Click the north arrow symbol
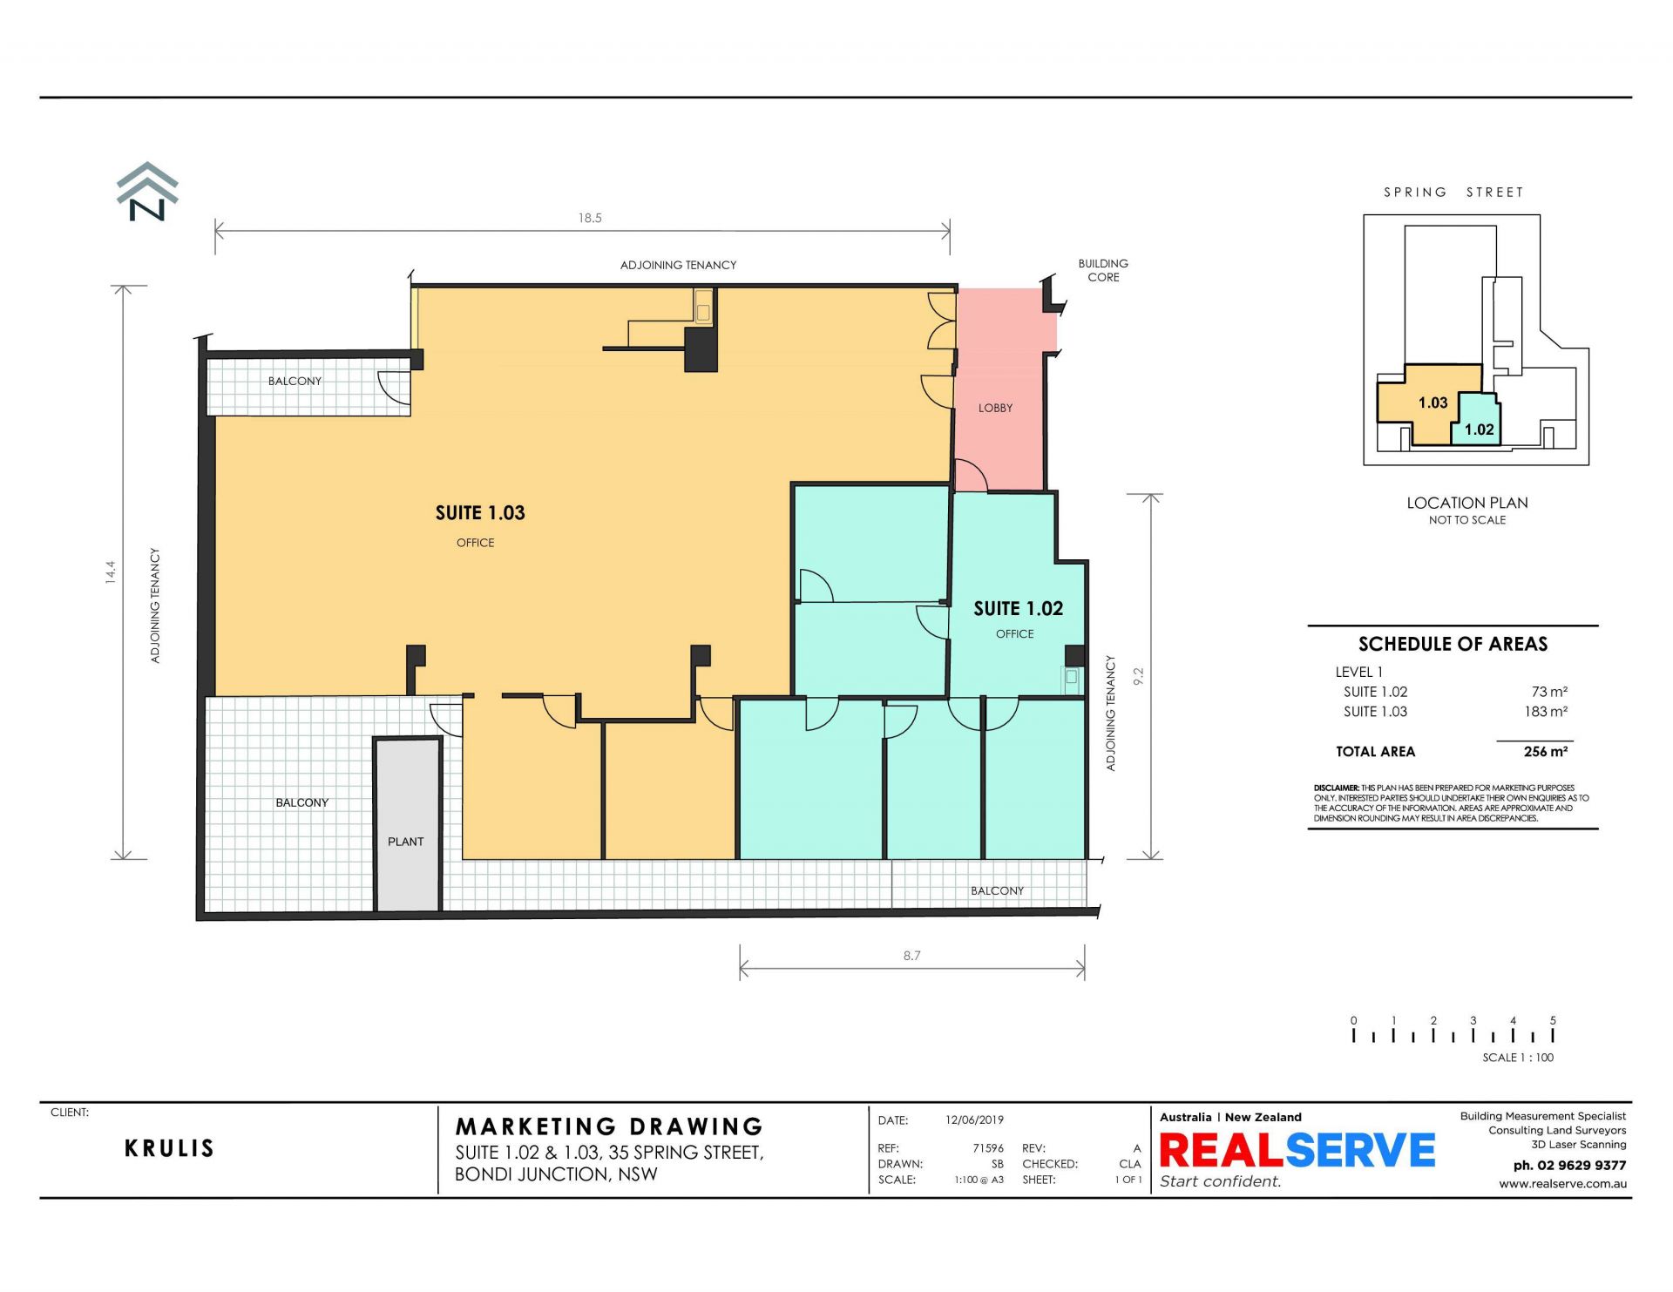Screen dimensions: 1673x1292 click(147, 192)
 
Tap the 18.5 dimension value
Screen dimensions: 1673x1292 click(590, 218)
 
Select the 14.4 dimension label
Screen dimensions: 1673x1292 click(111, 572)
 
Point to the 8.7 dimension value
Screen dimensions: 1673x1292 click(911, 956)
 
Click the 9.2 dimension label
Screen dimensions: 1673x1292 click(1138, 676)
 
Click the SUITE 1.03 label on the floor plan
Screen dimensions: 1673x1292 click(480, 513)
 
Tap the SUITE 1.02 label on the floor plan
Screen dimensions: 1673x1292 click(1018, 609)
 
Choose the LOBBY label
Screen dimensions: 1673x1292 click(995, 408)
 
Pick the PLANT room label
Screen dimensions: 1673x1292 click(405, 842)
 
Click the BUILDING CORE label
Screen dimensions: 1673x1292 click(1103, 270)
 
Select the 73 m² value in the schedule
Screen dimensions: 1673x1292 click(1549, 692)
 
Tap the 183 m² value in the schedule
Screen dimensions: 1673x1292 click(1546, 712)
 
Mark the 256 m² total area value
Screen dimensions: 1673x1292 click(1546, 752)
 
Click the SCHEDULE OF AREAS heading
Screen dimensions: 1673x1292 click(1453, 644)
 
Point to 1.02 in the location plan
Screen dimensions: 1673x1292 click(1479, 430)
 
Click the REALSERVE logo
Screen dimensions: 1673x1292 click(1297, 1150)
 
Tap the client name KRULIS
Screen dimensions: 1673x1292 click(169, 1148)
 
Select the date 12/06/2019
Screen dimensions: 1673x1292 click(974, 1120)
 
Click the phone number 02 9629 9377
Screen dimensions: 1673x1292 click(1569, 1166)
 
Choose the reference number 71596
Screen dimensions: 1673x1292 click(988, 1148)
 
